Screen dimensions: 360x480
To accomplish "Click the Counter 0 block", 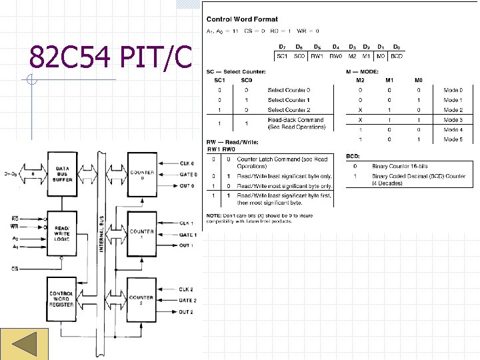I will click(142, 175).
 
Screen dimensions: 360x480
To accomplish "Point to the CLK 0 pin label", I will click(187, 163).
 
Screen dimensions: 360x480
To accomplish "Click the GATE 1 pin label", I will click(187, 235).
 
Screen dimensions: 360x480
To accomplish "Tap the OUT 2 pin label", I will click(187, 312).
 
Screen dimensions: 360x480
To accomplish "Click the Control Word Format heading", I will click(242, 19).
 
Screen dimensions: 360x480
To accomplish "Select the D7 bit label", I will click(281, 47).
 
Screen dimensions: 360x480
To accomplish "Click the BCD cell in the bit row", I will click(397, 56).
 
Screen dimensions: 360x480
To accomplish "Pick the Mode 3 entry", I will click(453, 120).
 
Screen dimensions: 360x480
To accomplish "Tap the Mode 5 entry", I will click(453, 139).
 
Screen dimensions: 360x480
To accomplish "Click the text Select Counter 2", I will click(289, 110).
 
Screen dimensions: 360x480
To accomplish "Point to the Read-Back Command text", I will click(295, 120).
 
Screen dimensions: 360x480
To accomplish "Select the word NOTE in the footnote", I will click(214, 215).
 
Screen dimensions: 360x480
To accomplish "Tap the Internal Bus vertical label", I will click(102, 237).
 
